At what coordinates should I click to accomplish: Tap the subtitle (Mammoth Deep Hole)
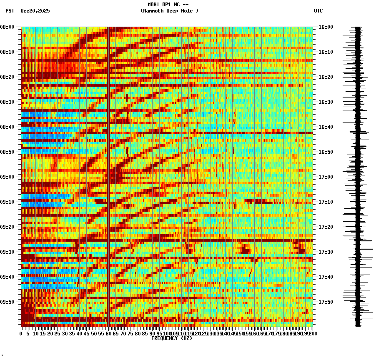click(x=169, y=11)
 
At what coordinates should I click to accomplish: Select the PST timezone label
click(x=10, y=11)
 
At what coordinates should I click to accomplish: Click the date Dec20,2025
click(x=35, y=11)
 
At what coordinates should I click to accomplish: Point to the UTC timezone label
click(x=318, y=11)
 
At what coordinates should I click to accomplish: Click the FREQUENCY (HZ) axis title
click(x=171, y=338)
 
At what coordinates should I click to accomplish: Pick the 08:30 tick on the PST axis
click(x=7, y=102)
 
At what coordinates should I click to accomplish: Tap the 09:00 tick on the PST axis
click(x=7, y=177)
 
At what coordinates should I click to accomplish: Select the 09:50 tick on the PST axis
click(x=7, y=302)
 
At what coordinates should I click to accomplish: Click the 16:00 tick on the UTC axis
click(x=326, y=27)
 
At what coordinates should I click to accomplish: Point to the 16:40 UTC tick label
click(x=326, y=127)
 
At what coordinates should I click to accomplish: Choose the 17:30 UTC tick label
click(x=326, y=252)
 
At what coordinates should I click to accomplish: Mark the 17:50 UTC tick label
click(x=326, y=302)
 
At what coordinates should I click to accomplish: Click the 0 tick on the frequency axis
click(x=21, y=333)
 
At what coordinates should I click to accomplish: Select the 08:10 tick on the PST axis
click(x=7, y=52)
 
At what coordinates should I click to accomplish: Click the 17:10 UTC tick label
click(x=326, y=202)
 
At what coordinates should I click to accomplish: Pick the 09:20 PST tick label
click(x=7, y=227)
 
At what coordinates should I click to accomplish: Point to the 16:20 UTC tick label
click(x=326, y=77)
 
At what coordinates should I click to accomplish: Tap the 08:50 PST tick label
click(x=7, y=152)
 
